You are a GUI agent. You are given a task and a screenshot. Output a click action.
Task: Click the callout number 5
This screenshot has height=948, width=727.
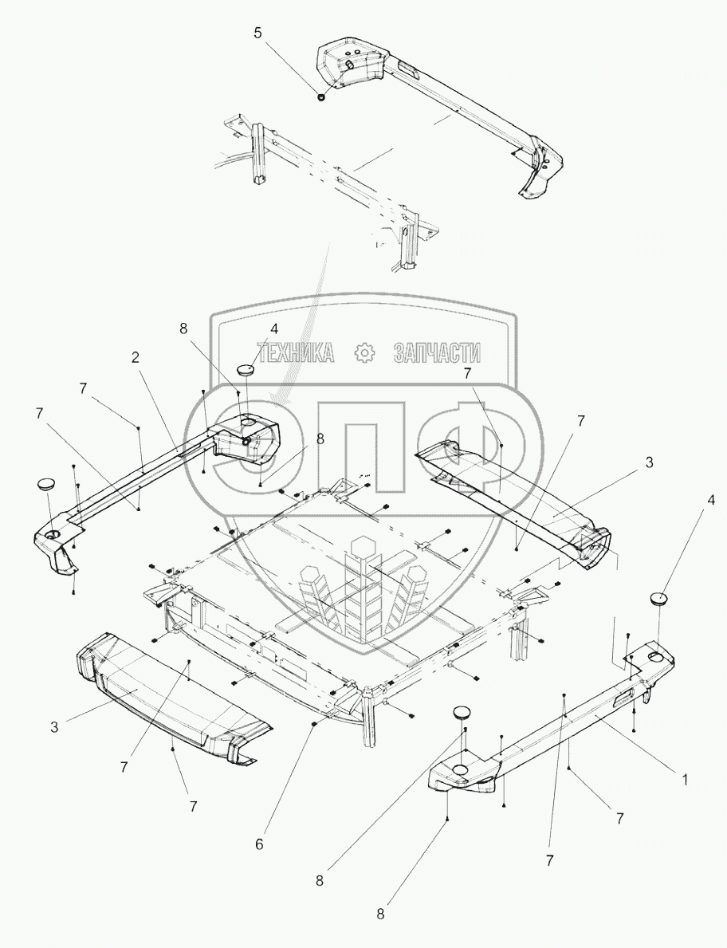[257, 34]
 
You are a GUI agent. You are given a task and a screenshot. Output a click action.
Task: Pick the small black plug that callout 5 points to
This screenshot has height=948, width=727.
[320, 97]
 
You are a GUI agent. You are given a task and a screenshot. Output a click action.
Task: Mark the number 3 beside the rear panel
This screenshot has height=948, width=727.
[650, 462]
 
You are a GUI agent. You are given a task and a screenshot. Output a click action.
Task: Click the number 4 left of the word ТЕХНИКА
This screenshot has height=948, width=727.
[251, 328]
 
